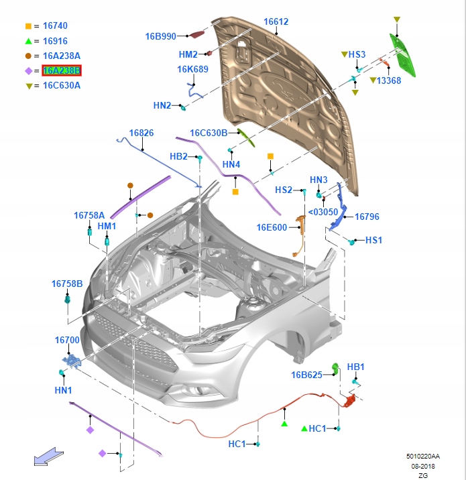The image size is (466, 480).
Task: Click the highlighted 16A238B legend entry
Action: coord(61,70)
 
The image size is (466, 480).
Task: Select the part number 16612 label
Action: coord(276,21)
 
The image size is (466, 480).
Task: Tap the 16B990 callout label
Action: coord(161,36)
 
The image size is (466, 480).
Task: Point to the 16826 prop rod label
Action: coord(141,133)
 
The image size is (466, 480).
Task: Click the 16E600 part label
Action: coord(272,227)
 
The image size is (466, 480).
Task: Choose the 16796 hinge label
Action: coord(367,217)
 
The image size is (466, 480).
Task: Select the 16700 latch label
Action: coord(67,340)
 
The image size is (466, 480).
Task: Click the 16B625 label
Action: coord(306,375)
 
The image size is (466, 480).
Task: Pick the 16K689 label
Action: coord(192,69)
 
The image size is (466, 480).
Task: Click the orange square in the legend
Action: coord(28,25)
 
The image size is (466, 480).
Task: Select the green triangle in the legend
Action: coord(28,41)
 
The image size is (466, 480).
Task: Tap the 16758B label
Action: coord(67,284)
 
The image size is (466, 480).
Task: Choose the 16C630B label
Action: coord(209,133)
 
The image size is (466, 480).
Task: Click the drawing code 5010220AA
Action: coord(424,455)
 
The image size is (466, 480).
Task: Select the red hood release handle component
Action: coord(349,402)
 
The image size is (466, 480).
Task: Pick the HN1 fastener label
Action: coord(63,390)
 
